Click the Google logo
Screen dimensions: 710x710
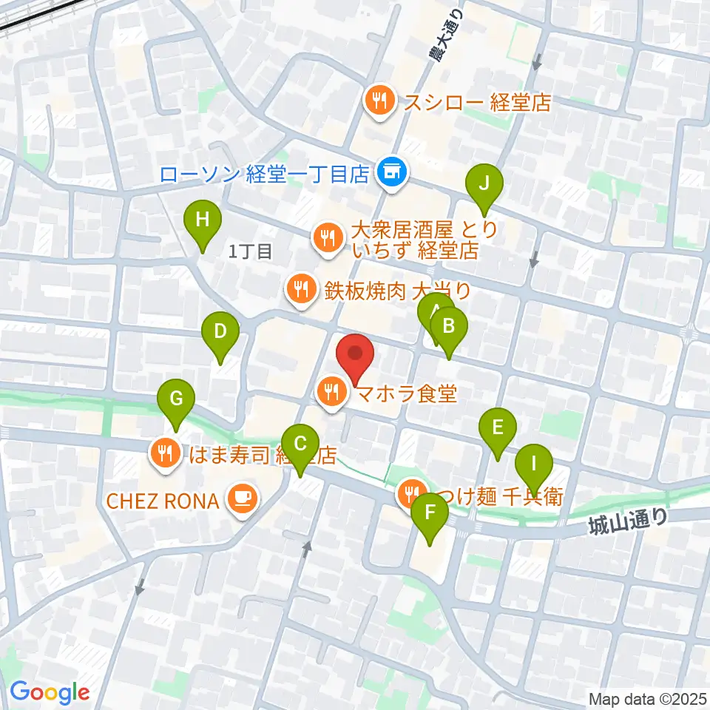(50, 692)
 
